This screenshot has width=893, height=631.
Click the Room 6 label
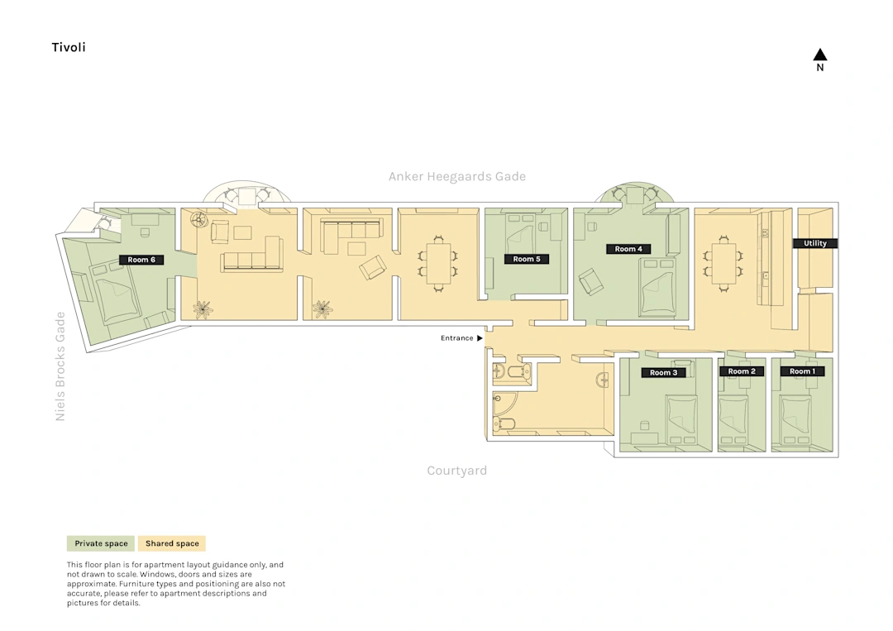141,260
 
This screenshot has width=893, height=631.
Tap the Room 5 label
527,259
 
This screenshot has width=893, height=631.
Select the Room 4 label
628,249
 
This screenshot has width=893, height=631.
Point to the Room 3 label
663,372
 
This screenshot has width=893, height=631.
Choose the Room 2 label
742,371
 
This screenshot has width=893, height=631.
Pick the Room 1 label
802,371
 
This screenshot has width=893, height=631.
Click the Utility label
815,243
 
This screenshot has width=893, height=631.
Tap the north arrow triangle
820,55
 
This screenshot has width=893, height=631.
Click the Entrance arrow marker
480,338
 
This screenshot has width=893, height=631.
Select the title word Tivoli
69,47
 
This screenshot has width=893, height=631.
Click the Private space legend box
101,543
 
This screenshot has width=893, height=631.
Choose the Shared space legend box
172,543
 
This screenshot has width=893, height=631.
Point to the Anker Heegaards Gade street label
457,176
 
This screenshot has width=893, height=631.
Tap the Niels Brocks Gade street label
60,366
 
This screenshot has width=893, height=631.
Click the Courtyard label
456,471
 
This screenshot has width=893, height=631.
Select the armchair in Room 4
591,281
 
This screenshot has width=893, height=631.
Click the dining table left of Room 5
438,264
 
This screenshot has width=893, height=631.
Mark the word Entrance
456,338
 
